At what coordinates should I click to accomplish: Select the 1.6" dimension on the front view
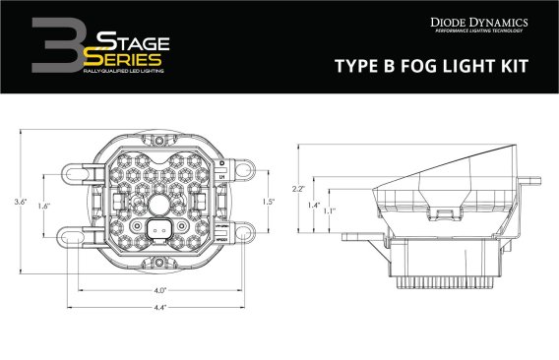43,208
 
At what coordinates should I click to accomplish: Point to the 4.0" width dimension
157,290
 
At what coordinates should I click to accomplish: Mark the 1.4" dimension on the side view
314,206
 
